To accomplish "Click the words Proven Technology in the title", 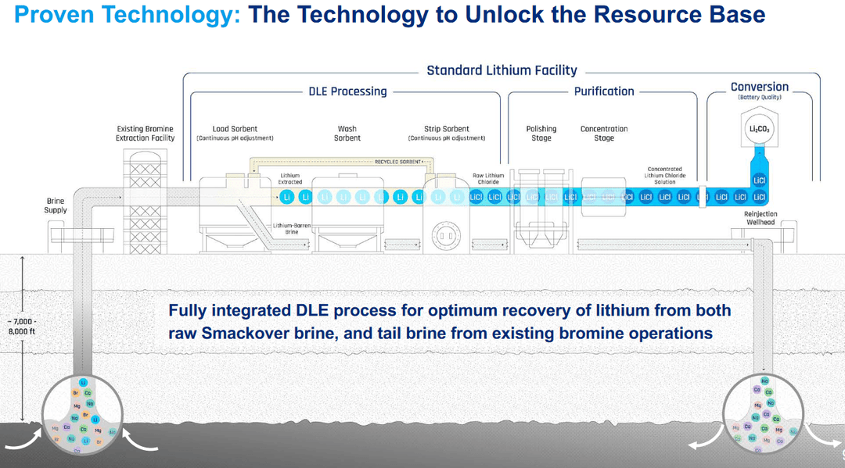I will (128, 14).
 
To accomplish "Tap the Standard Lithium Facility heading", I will (502, 70).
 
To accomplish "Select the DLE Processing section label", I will (347, 91).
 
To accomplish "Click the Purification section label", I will (604, 91).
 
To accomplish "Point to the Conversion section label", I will (759, 87).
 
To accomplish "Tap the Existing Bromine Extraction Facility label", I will (146, 134).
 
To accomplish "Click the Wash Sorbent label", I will (347, 134).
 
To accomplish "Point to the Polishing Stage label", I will (541, 134).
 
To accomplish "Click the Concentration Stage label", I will (604, 134).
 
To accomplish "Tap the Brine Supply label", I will (56, 205).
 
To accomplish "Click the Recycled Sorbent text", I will (397, 162).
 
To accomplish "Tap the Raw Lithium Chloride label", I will (489, 179).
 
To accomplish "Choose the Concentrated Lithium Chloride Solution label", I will (664, 176).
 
